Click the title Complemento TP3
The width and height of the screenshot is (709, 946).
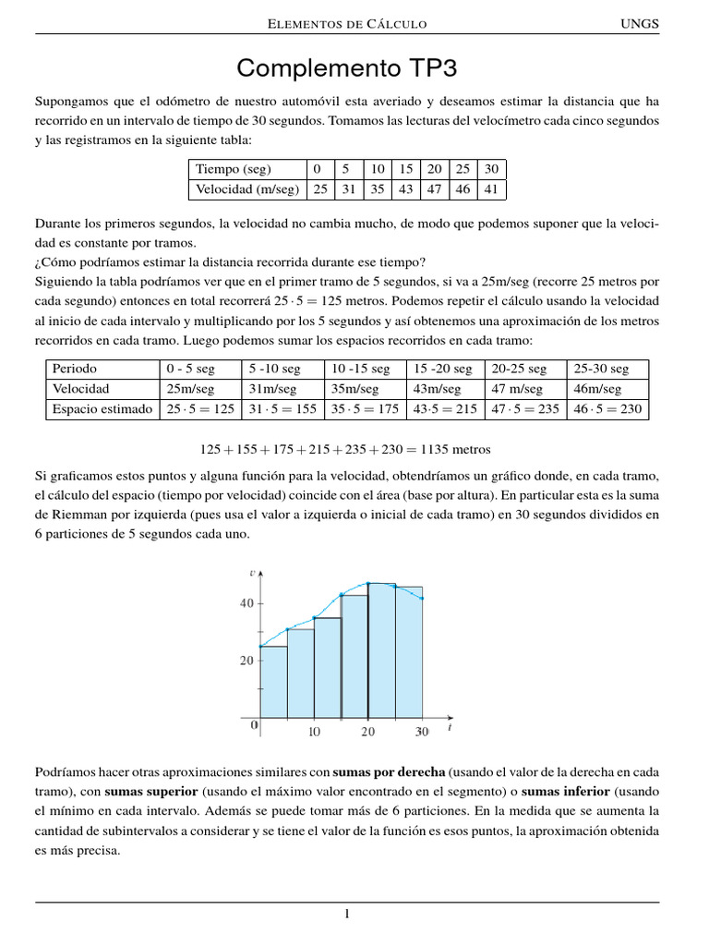click(x=347, y=68)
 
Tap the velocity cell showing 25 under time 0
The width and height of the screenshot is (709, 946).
click(x=319, y=189)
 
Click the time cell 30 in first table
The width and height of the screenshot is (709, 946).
click(x=491, y=169)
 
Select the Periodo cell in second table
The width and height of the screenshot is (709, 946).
click(x=75, y=368)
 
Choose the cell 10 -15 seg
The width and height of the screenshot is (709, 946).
click(x=360, y=368)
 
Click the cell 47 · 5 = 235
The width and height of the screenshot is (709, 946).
click(x=525, y=409)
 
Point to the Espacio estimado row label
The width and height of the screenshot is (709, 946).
click(x=102, y=409)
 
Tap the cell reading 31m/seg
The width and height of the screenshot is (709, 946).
click(x=273, y=389)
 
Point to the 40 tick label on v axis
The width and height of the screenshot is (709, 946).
click(x=246, y=603)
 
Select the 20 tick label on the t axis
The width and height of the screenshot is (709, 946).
click(x=368, y=732)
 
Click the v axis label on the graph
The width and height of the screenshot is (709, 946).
click(x=252, y=573)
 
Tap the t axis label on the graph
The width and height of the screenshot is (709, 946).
click(x=449, y=727)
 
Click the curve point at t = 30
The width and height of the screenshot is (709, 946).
click(x=423, y=599)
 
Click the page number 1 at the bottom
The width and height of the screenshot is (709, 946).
click(x=347, y=915)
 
